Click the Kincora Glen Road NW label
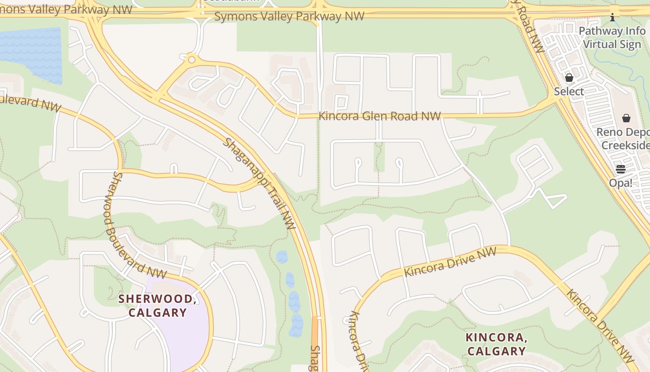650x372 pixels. click(379, 116)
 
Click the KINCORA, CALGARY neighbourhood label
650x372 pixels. click(496, 344)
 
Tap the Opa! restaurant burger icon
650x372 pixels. click(621, 169)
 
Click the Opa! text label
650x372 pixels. click(621, 183)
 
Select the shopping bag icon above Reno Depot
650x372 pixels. click(626, 118)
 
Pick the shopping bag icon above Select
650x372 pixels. click(569, 78)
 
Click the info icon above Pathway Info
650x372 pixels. click(612, 18)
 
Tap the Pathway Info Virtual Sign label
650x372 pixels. click(612, 38)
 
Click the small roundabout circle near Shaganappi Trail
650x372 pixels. click(191, 60)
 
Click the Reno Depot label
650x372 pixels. click(622, 132)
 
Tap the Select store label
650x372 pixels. click(569, 91)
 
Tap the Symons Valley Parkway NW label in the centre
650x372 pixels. click(289, 17)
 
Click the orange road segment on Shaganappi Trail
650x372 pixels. click(315, 330)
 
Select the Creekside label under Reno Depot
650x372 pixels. click(625, 145)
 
